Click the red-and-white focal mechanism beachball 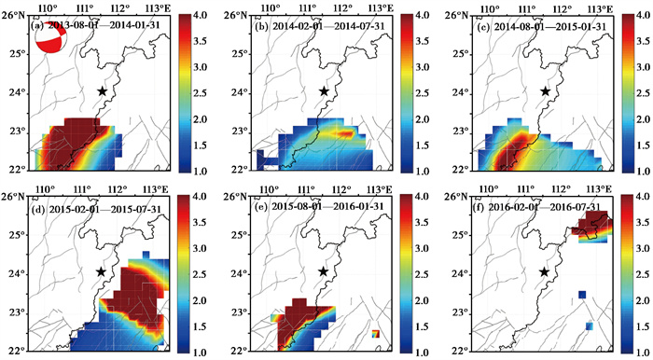pos(50,37)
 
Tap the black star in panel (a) pos(103,90)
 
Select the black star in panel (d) pos(101,271)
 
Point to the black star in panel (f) pos(544,271)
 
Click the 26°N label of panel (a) pos(16,16)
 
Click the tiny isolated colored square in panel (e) pos(375,334)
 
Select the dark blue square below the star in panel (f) pos(582,295)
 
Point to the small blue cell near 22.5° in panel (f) pos(590,325)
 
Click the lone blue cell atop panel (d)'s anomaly pos(146,255)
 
